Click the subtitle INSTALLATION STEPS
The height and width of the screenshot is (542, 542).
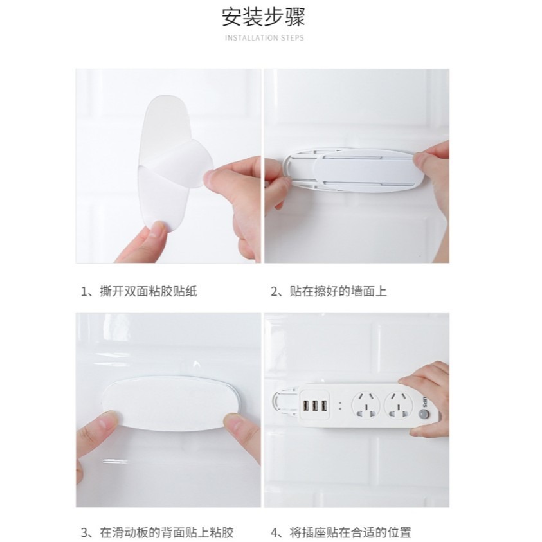tap(264, 38)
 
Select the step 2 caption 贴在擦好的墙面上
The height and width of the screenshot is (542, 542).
tap(338, 292)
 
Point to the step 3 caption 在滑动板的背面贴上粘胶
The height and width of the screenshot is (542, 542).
tap(165, 532)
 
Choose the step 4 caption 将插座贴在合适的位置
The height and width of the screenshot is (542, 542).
tap(350, 532)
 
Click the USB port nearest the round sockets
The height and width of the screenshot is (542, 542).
tap(323, 406)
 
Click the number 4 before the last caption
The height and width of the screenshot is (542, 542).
tap(274, 532)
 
